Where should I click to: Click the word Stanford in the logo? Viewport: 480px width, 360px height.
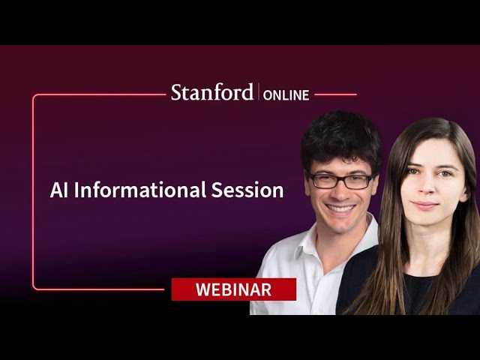pyautogui.click(x=212, y=92)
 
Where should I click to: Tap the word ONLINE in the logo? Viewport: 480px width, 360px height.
pyautogui.click(x=286, y=95)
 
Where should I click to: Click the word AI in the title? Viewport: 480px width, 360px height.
pyautogui.click(x=59, y=190)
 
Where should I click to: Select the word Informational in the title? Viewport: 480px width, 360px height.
pyautogui.click(x=140, y=190)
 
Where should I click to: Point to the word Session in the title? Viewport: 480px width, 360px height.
pyautogui.click(x=247, y=190)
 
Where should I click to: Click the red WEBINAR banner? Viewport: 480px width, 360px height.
pyautogui.click(x=233, y=289)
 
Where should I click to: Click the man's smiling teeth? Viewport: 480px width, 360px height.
pyautogui.click(x=340, y=208)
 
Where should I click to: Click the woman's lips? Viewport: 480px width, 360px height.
pyautogui.click(x=425, y=205)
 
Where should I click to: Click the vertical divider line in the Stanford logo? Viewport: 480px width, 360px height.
pyautogui.click(x=259, y=91)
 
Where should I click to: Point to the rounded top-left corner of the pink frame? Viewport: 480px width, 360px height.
pyautogui.click(x=34, y=97)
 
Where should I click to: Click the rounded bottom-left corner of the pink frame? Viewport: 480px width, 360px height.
pyautogui.click(x=34, y=287)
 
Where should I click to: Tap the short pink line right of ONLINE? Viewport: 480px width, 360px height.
pyautogui.click(x=335, y=94)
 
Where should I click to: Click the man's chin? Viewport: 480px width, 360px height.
pyautogui.click(x=340, y=226)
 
